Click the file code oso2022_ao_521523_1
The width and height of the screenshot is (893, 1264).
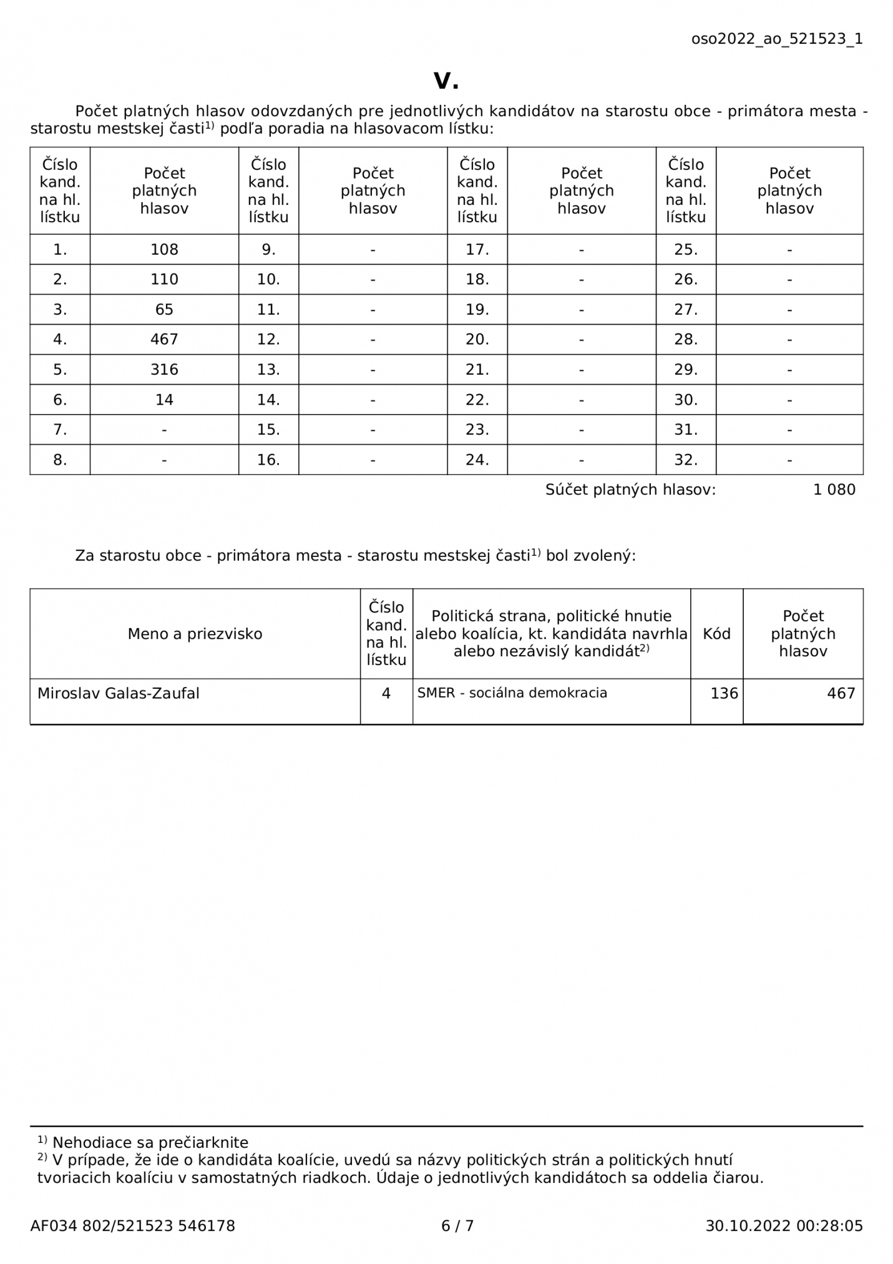[x=776, y=39]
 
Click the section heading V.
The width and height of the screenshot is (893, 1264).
[x=446, y=80]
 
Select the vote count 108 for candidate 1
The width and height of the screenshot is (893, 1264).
[x=164, y=249]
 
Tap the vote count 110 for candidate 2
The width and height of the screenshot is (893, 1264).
[x=164, y=279]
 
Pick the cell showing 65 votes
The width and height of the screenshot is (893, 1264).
[x=164, y=309]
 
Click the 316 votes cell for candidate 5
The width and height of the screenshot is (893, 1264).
[x=164, y=369]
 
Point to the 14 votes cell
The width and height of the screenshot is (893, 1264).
[x=164, y=399]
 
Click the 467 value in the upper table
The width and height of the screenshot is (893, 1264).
[x=164, y=339]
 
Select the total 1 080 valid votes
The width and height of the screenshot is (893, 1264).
[x=834, y=490]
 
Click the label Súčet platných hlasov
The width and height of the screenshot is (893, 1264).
[x=630, y=490]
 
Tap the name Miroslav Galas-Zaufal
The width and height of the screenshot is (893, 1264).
[x=119, y=693]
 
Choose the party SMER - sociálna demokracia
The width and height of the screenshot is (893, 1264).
[x=512, y=693]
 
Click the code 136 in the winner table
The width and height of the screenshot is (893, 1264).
[x=724, y=693]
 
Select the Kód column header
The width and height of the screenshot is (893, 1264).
[x=716, y=634]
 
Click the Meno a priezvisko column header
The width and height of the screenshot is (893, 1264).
[x=195, y=634]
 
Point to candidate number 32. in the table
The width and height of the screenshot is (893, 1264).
[x=685, y=460]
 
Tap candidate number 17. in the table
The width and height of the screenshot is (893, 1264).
[x=477, y=249]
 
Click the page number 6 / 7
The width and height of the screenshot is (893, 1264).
[x=457, y=1226]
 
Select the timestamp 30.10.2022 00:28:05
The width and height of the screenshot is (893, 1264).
[x=784, y=1226]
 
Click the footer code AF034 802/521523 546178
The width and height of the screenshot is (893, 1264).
[x=132, y=1226]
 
